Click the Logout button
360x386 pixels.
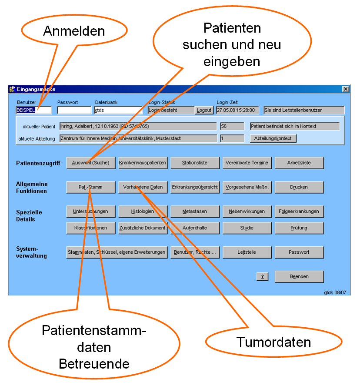(204, 111)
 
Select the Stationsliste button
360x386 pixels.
(195, 163)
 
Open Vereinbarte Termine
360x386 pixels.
(247, 163)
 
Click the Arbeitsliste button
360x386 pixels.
(299, 163)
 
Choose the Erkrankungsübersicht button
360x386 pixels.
(195, 187)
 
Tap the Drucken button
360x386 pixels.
(299, 187)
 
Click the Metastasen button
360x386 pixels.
(195, 211)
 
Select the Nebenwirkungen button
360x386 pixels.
(247, 211)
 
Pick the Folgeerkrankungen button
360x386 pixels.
(299, 211)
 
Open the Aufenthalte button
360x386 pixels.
(195, 228)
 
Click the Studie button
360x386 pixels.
(247, 228)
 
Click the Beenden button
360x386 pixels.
(299, 276)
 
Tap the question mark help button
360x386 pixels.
(262, 277)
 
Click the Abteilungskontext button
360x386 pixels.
(273, 138)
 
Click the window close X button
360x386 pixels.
(346, 89)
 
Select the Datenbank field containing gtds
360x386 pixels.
(118, 111)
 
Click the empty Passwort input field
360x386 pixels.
(74, 111)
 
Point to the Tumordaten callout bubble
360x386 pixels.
(273, 342)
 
